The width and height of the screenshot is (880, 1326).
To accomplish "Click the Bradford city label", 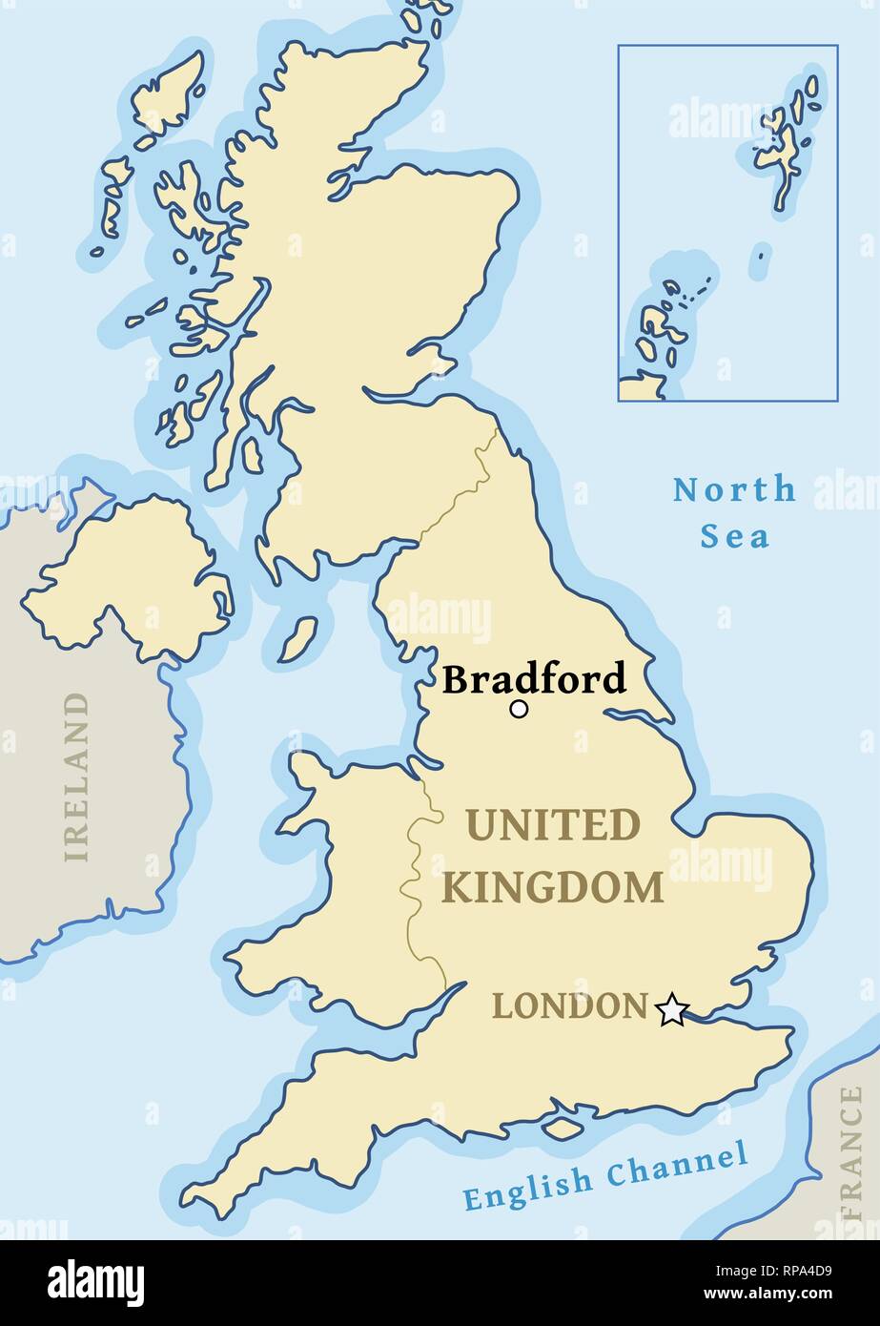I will [534, 679].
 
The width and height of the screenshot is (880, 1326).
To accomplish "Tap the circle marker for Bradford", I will [519, 709].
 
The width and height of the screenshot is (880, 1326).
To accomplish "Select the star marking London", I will [672, 1009].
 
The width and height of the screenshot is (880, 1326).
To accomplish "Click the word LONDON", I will [569, 1006].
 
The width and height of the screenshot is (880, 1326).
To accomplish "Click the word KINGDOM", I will [553, 888].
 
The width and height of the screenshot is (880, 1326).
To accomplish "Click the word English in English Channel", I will [527, 1187].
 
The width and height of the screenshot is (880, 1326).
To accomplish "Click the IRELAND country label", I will [76, 777].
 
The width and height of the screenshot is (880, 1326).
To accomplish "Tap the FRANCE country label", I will [849, 1153].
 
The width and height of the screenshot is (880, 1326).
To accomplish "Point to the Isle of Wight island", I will [563, 1128].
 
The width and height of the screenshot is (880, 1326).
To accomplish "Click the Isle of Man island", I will [298, 639].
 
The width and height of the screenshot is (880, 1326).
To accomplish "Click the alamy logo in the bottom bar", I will [95, 1283].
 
